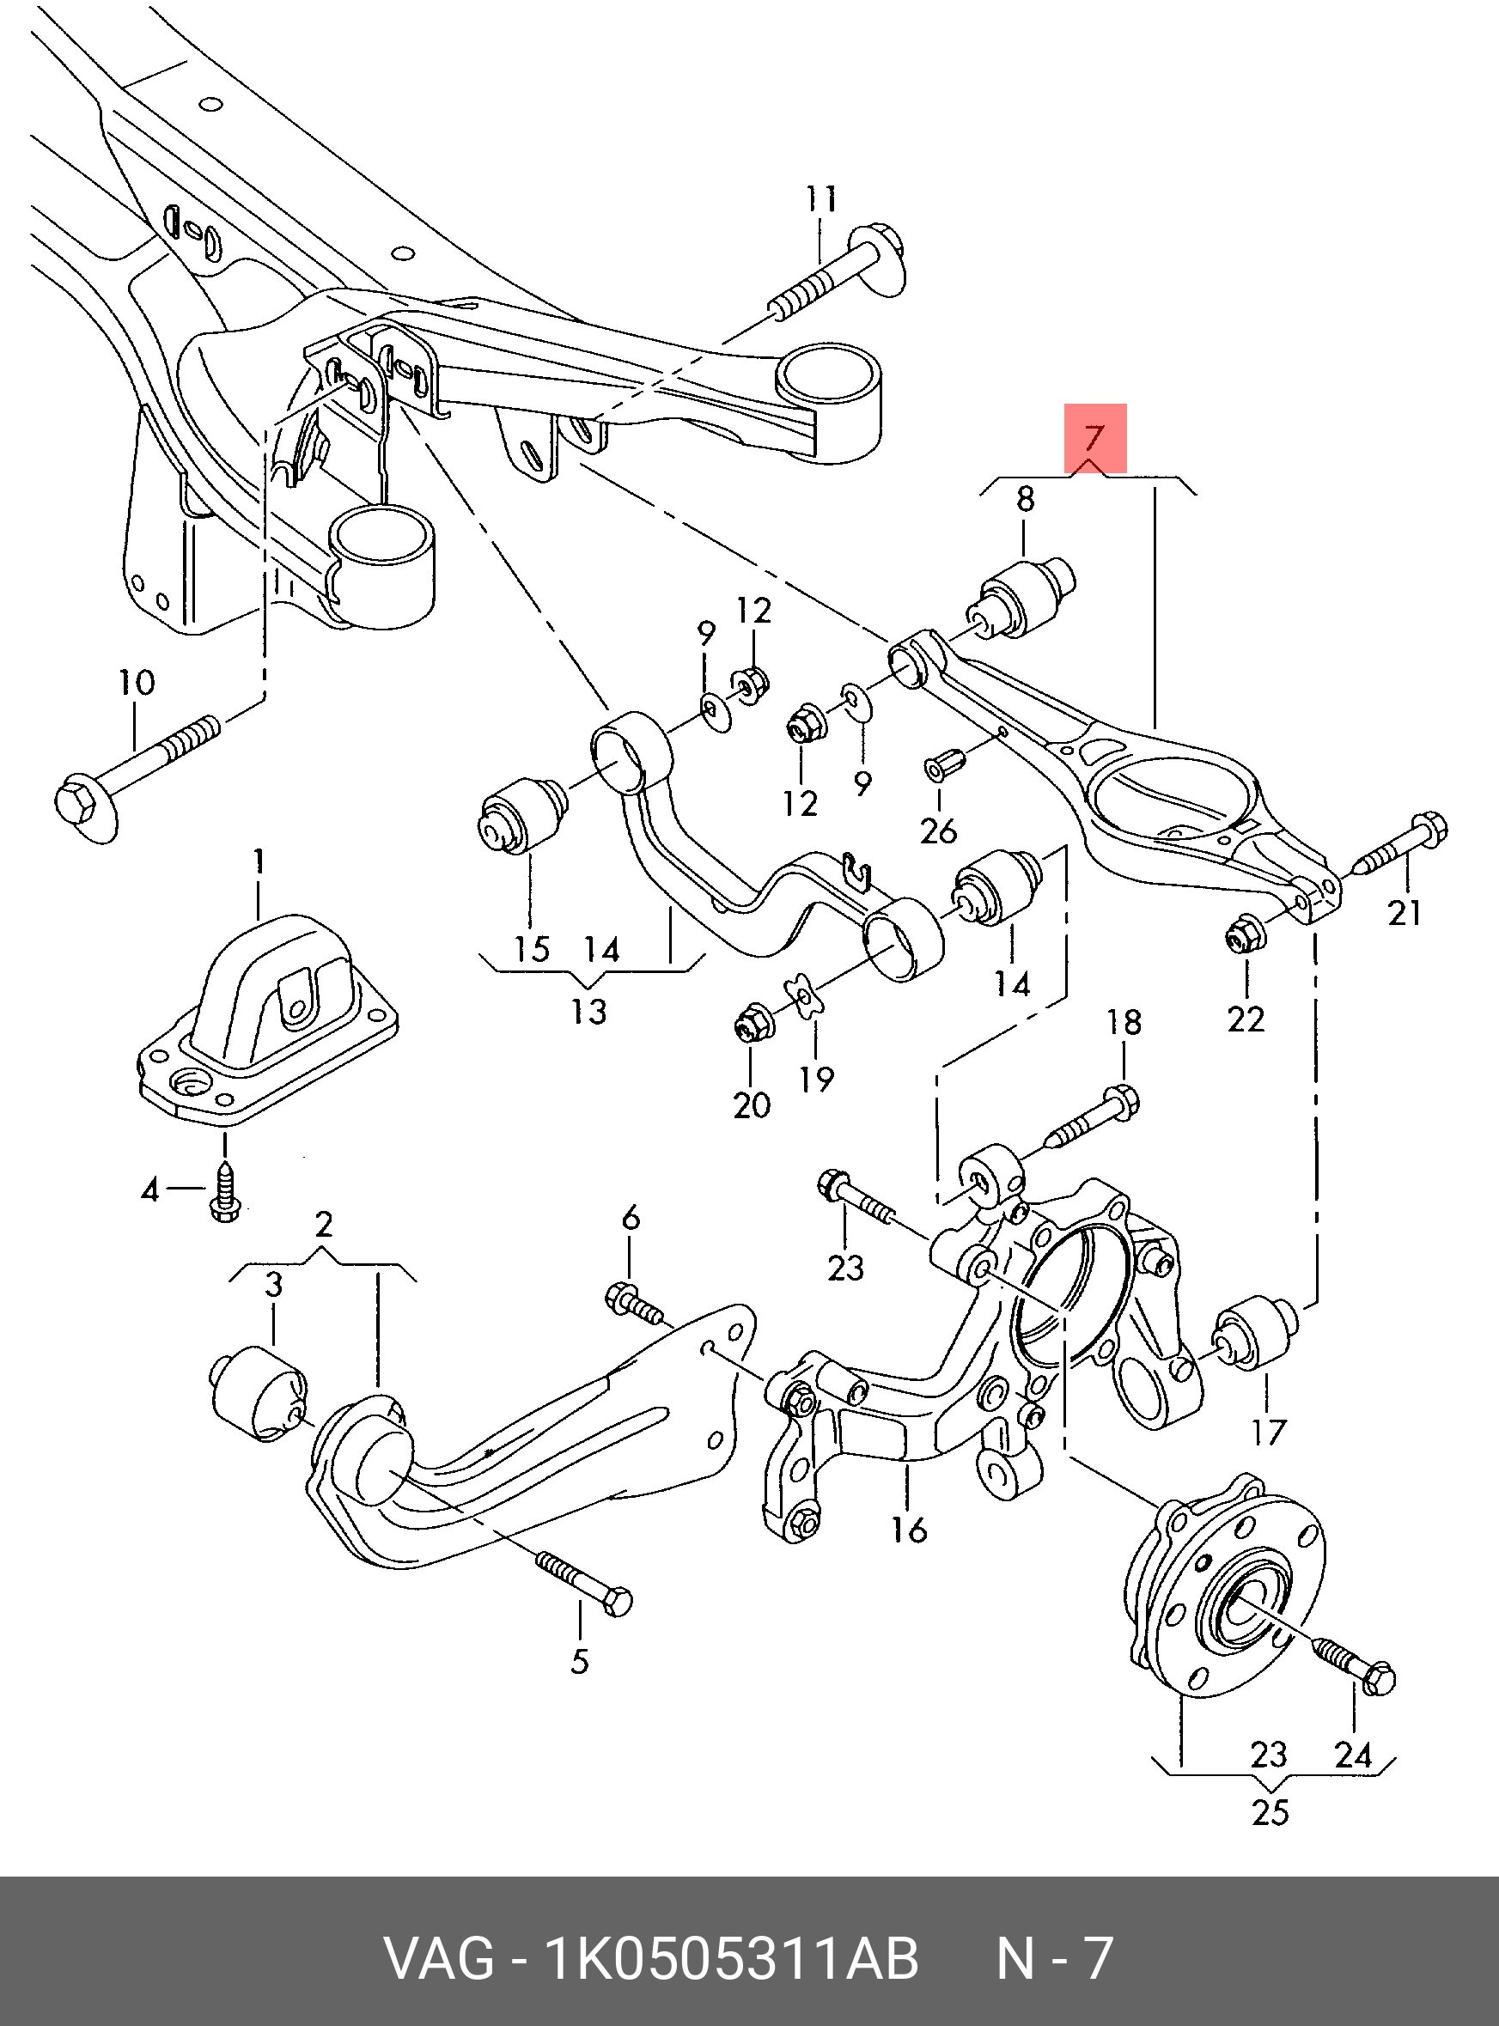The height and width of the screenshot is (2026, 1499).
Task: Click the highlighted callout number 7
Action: click(1094, 438)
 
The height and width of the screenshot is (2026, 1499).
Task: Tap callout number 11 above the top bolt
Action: click(821, 198)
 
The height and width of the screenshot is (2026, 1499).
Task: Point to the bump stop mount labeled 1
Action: click(268, 1020)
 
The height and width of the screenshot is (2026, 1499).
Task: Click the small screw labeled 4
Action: click(222, 1193)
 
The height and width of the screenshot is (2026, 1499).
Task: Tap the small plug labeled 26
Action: click(937, 767)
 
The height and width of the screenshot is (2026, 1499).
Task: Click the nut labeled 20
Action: click(752, 1024)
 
